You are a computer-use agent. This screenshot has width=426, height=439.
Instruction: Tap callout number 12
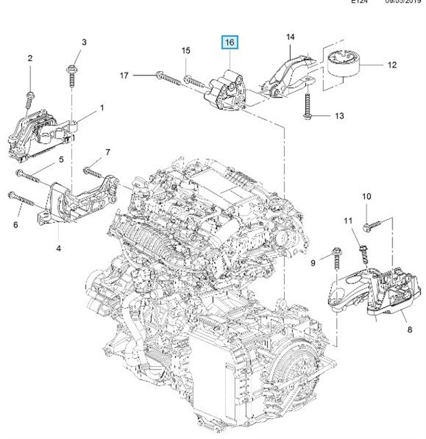[392, 66]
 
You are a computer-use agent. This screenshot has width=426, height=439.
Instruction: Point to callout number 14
[289, 36]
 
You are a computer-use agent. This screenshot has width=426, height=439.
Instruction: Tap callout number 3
[84, 43]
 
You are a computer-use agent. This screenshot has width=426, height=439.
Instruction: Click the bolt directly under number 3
[72, 76]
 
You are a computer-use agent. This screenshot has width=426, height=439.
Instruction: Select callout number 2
[29, 59]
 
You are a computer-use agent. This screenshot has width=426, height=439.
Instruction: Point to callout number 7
[108, 151]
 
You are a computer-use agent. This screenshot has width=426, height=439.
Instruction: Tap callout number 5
[61, 159]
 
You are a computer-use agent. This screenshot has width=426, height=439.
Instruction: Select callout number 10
[366, 197]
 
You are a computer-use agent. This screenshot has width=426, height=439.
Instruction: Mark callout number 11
[347, 220]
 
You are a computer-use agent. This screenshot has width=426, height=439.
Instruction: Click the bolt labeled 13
[307, 111]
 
